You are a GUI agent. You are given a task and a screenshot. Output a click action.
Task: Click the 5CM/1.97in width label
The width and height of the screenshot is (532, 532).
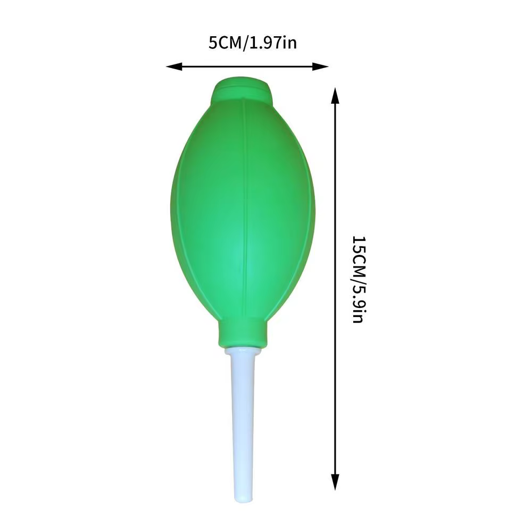tap(252, 43)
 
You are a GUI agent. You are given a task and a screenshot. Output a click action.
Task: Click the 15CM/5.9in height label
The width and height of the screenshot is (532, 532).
tap(358, 279)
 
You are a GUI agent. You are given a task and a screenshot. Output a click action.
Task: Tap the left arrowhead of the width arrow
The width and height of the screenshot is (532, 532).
tap(174, 66)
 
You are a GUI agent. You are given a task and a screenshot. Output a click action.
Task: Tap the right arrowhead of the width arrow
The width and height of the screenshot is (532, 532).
tap(320, 66)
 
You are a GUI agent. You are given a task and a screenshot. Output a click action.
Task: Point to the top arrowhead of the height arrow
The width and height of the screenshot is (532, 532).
tap(335, 95)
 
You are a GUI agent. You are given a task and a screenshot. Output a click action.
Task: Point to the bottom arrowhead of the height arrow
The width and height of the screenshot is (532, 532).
tap(335, 482)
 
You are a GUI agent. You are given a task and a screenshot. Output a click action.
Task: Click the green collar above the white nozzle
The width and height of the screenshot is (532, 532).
tap(242, 334)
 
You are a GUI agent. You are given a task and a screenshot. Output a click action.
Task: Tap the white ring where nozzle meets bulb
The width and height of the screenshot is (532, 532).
tap(242, 351)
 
